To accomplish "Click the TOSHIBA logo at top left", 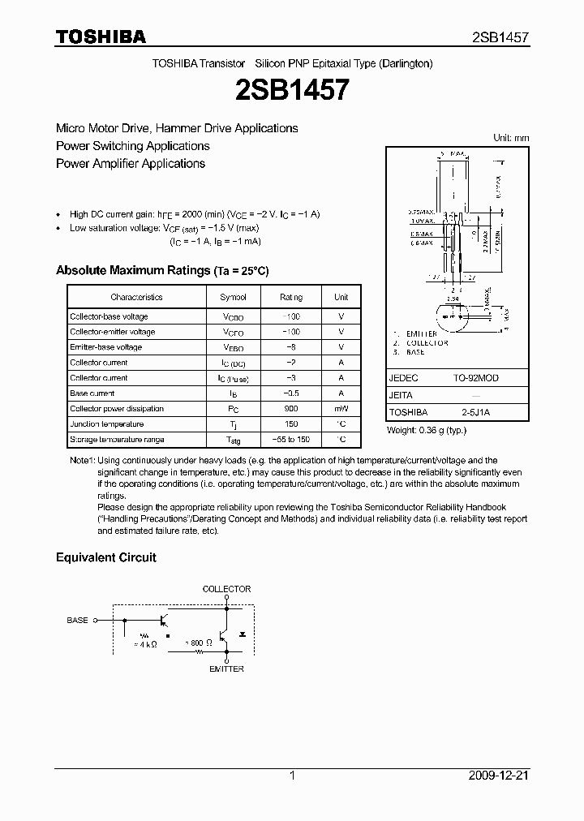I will coord(101,37).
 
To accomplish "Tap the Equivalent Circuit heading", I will coord(105,557).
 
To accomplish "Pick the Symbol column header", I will coord(233,298).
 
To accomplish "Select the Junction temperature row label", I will coord(106,424).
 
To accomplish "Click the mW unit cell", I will coord(341,409).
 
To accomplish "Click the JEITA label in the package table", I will coord(401,395).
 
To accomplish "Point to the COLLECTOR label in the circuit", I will coord(226,589).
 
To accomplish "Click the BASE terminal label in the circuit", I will coord(77,620).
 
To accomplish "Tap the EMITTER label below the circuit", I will coord(226,669).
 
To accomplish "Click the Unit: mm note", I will coord(511,138).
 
